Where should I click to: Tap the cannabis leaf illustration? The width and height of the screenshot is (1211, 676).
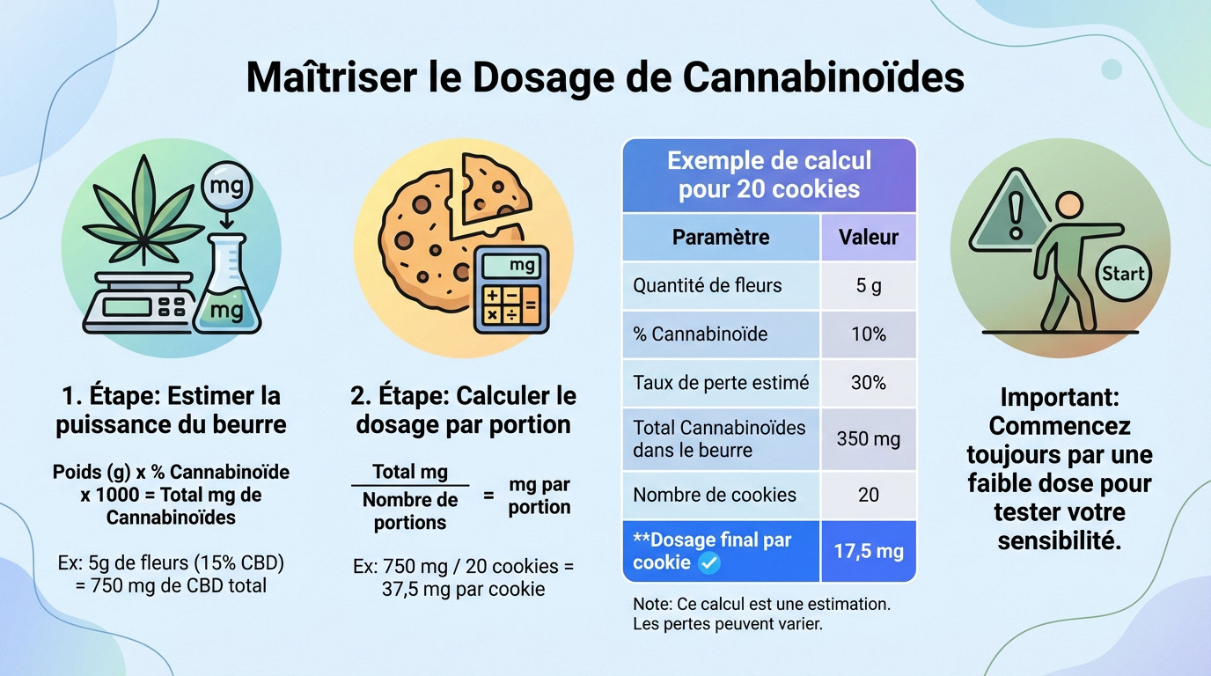tap(141, 212)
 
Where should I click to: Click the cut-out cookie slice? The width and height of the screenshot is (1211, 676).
tap(494, 188)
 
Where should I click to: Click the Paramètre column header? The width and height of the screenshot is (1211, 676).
tap(721, 237)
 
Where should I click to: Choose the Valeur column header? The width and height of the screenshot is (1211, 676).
tap(868, 237)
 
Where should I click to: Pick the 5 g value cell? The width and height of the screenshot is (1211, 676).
tap(868, 286)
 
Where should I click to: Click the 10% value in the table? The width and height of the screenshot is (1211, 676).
tap(868, 334)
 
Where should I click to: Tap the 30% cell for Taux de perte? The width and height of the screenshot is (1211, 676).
tap(868, 383)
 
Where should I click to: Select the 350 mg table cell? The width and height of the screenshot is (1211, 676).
tap(868, 438)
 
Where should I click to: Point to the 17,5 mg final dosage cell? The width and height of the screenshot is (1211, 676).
tap(868, 552)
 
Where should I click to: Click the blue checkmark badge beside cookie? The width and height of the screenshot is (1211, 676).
tap(708, 563)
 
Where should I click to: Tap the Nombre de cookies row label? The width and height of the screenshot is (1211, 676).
tap(715, 495)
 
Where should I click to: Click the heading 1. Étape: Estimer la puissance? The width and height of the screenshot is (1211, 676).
tap(172, 410)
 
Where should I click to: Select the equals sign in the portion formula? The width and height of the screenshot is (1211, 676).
tap(488, 496)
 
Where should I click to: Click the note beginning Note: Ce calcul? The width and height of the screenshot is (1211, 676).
tap(761, 614)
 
